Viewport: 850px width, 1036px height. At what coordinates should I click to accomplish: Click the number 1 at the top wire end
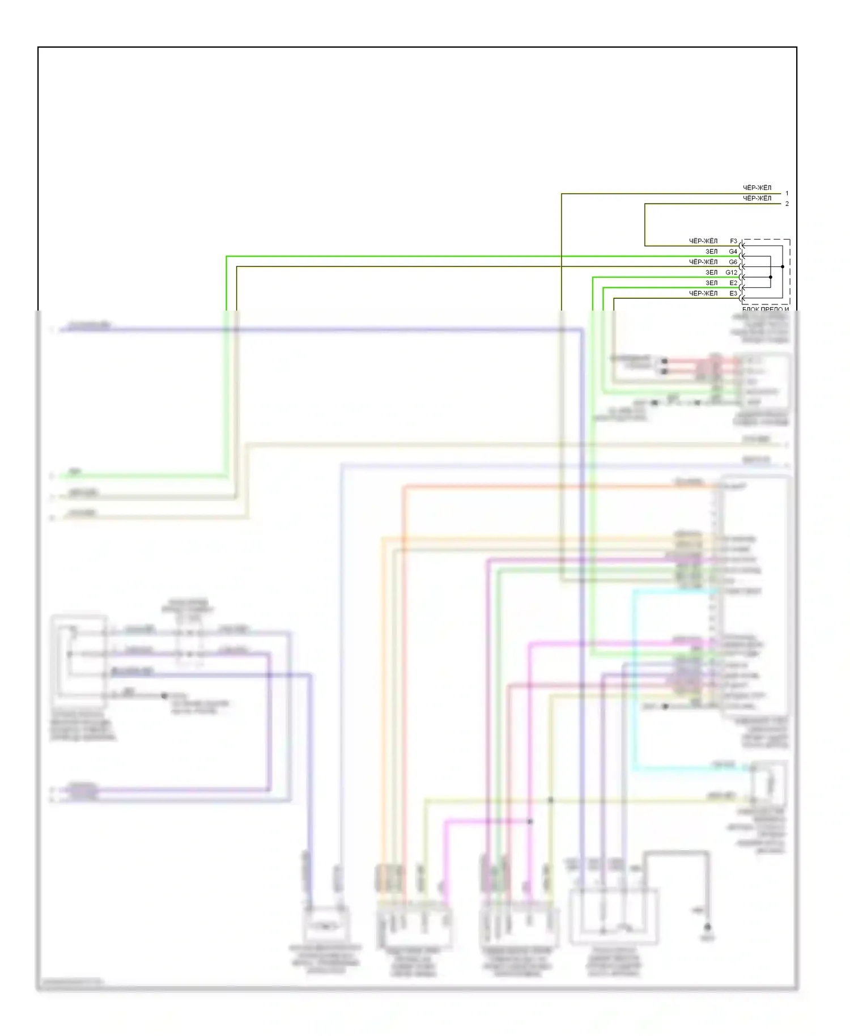(787, 193)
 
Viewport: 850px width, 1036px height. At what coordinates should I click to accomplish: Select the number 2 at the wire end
(787, 203)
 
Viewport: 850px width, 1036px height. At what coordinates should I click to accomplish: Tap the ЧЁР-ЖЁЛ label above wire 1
(757, 188)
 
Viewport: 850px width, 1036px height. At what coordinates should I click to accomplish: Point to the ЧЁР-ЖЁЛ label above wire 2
(757, 198)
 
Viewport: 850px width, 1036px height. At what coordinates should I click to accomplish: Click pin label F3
(733, 241)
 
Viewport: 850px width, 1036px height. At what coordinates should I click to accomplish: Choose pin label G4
(733, 251)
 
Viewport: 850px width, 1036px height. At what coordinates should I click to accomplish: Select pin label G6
(733, 262)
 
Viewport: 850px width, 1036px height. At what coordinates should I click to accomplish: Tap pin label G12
(731, 272)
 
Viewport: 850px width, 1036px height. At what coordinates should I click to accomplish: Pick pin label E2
(733, 283)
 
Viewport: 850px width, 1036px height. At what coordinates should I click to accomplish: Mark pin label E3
(733, 293)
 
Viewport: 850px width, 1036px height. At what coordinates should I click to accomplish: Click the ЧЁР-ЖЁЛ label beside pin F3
(703, 241)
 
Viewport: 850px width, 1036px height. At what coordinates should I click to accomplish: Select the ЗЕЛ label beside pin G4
(711, 251)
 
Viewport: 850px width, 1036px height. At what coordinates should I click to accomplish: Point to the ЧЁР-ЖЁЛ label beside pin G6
(703, 262)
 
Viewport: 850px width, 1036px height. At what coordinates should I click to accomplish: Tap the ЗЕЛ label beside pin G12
(711, 272)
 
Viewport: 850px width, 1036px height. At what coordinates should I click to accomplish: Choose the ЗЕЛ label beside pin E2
(711, 283)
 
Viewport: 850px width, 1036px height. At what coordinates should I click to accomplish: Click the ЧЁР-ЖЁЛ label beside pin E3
(703, 293)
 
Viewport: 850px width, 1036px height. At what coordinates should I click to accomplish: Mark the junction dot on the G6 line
(783, 266)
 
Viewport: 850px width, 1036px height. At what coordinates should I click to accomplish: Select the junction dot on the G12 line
(771, 277)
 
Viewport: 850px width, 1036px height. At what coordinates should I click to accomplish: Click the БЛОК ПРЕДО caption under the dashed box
(765, 308)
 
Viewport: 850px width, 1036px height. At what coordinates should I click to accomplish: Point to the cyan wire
(634, 680)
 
